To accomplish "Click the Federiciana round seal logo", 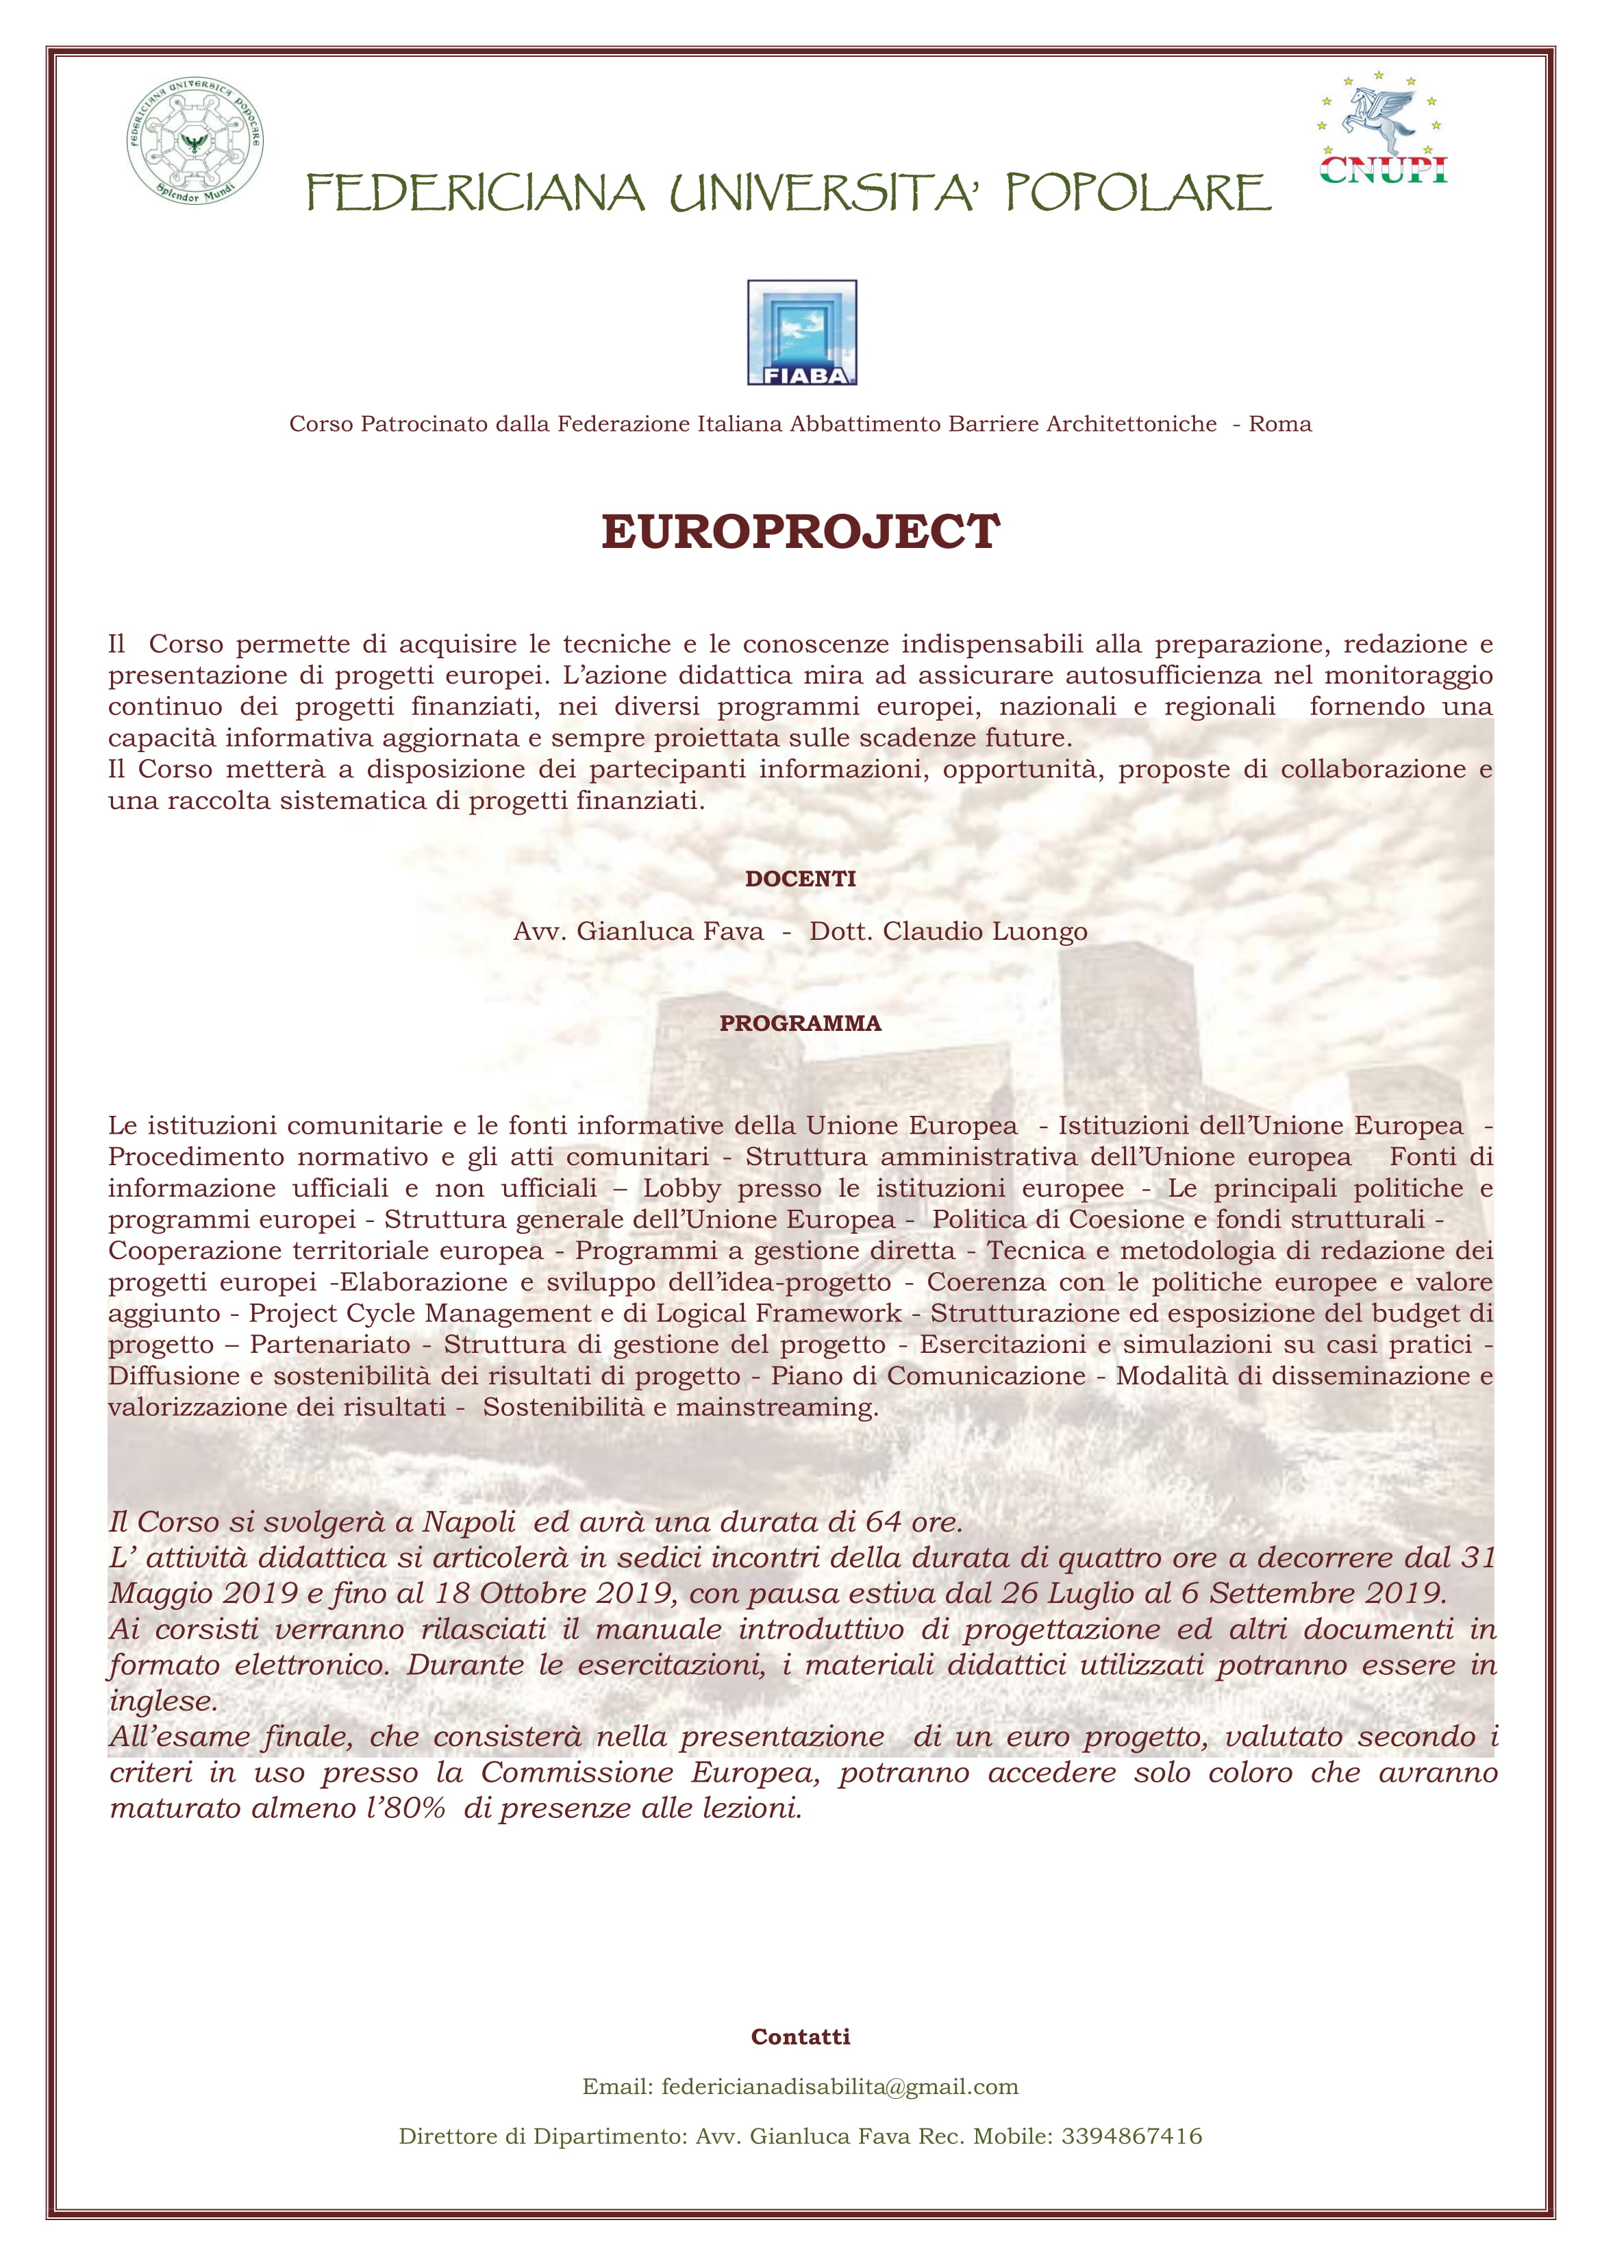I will pos(195,140).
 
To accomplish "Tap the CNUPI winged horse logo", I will pos(1383,128).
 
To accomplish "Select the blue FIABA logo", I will pos(801,332).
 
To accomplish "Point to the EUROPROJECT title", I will pos(801,532).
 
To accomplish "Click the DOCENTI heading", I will pos(801,878).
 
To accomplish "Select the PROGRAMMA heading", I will pos(801,1023).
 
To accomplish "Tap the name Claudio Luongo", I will pos(984,932).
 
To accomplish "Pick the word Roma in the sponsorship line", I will pos(1280,425).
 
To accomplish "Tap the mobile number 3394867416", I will pos(1131,2136).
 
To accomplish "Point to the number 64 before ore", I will pos(884,1522).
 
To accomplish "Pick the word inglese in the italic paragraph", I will pos(163,1702).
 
